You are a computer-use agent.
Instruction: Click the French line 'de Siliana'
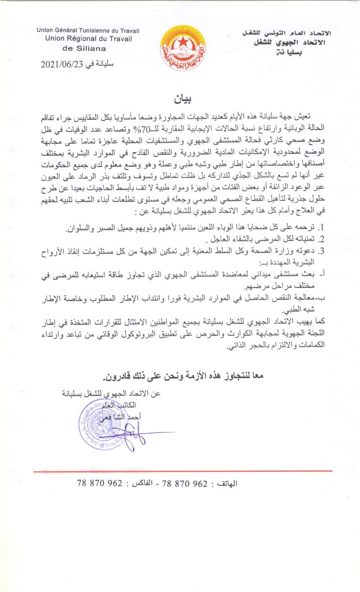[x=84, y=48]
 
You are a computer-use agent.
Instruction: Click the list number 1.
[x=321, y=228]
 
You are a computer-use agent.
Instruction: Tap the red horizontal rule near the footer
[x=182, y=471]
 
